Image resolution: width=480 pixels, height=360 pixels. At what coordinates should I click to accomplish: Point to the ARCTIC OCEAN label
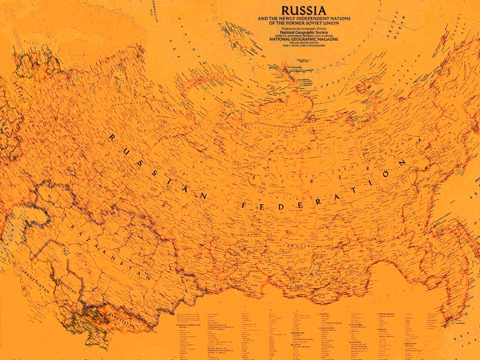395,25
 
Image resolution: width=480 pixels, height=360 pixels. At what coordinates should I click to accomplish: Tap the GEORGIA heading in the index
324,314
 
